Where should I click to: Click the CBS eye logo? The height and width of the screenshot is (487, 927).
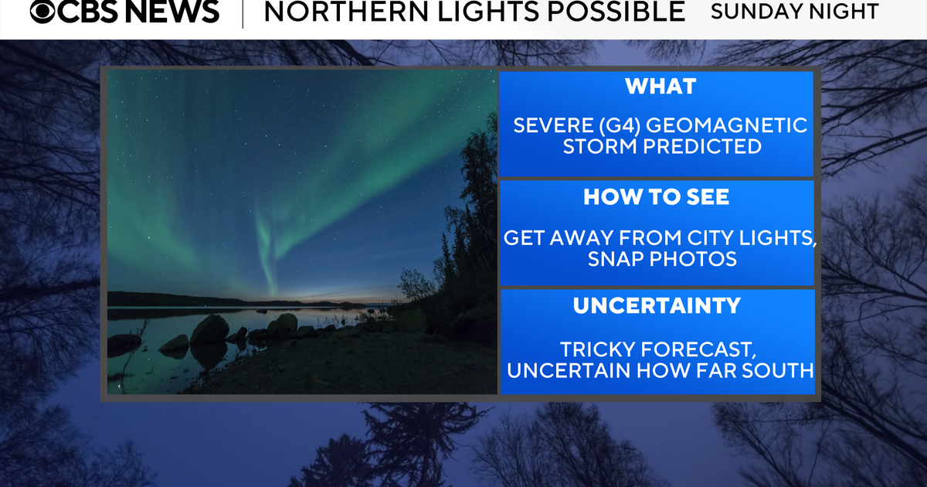tap(42, 11)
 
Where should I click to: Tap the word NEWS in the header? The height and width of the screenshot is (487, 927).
tap(171, 11)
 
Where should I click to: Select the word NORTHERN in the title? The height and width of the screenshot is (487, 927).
tap(346, 11)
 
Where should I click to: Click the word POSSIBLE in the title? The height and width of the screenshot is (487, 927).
tap(616, 11)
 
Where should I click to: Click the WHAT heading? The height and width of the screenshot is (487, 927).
tap(660, 87)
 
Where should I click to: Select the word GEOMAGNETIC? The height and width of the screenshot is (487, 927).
tap(727, 125)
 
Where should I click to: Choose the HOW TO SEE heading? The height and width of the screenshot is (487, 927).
tap(657, 197)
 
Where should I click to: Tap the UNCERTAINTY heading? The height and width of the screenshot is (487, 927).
tap(657, 306)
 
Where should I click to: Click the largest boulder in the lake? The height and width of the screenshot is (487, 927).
tap(210, 329)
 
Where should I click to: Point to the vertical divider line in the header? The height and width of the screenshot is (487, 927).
tap(243, 14)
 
